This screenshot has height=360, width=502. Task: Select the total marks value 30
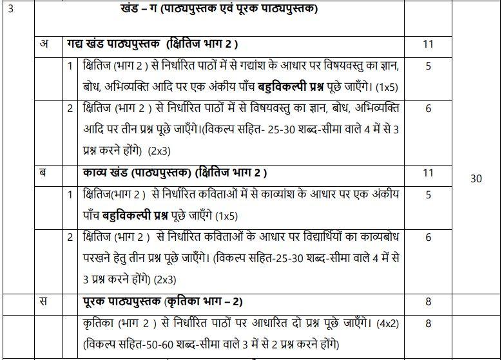point(476,179)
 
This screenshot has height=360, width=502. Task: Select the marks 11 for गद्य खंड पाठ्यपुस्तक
point(428,45)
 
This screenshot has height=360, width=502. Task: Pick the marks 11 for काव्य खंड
point(428,173)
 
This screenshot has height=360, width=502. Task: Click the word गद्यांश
point(291,66)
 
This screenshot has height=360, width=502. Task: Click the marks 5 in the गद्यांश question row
point(428,66)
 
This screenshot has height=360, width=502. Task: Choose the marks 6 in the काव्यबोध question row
point(428,237)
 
